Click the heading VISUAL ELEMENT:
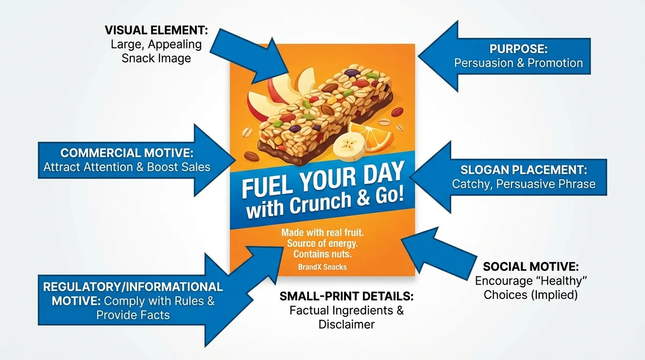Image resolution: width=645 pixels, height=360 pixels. [156, 31]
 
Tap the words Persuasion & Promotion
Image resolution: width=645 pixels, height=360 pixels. [518, 63]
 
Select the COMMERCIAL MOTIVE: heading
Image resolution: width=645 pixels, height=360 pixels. [127, 153]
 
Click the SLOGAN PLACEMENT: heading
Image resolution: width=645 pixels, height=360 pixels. [524, 170]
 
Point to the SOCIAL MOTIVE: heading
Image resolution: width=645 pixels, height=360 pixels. [531, 267]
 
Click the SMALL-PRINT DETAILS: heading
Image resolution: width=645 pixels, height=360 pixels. [346, 296]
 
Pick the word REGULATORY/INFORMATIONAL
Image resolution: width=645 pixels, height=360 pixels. [133, 286]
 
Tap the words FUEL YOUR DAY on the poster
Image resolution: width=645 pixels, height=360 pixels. [322, 180]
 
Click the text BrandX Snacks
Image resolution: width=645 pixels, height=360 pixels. [322, 267]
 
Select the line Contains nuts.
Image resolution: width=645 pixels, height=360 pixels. [322, 255]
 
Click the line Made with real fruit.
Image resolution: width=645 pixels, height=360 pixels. [322, 232]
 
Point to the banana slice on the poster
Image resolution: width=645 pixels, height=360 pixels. [347, 145]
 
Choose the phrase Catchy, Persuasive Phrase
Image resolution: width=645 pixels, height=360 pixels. [524, 184]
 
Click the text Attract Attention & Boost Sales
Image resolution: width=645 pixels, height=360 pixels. [127, 167]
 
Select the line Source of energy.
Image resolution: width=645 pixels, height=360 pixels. [322, 243]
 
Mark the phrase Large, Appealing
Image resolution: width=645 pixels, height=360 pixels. [156, 45]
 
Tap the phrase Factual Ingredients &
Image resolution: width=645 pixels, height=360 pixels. [346, 310]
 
